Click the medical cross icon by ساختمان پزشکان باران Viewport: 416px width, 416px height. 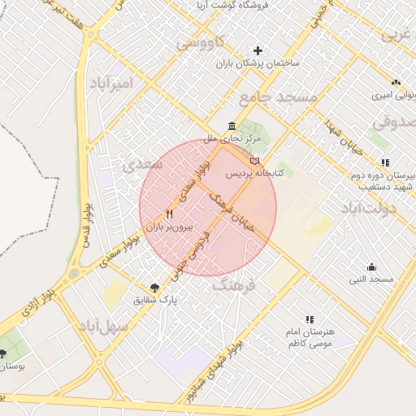(258, 50)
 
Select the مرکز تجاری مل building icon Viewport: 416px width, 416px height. (232, 127)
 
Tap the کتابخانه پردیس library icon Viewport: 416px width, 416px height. (255, 161)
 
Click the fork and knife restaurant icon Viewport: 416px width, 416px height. (169, 214)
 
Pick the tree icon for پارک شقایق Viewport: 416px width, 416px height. (154, 287)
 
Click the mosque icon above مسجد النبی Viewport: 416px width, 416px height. (371, 266)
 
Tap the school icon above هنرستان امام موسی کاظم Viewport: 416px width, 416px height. (309, 320)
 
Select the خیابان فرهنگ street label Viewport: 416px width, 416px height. (232, 211)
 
